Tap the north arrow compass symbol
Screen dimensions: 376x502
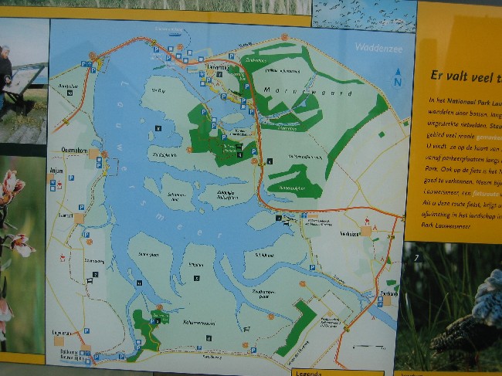point(398,78)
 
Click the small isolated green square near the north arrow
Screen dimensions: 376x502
point(381,134)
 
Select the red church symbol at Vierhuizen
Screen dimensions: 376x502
point(375,229)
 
